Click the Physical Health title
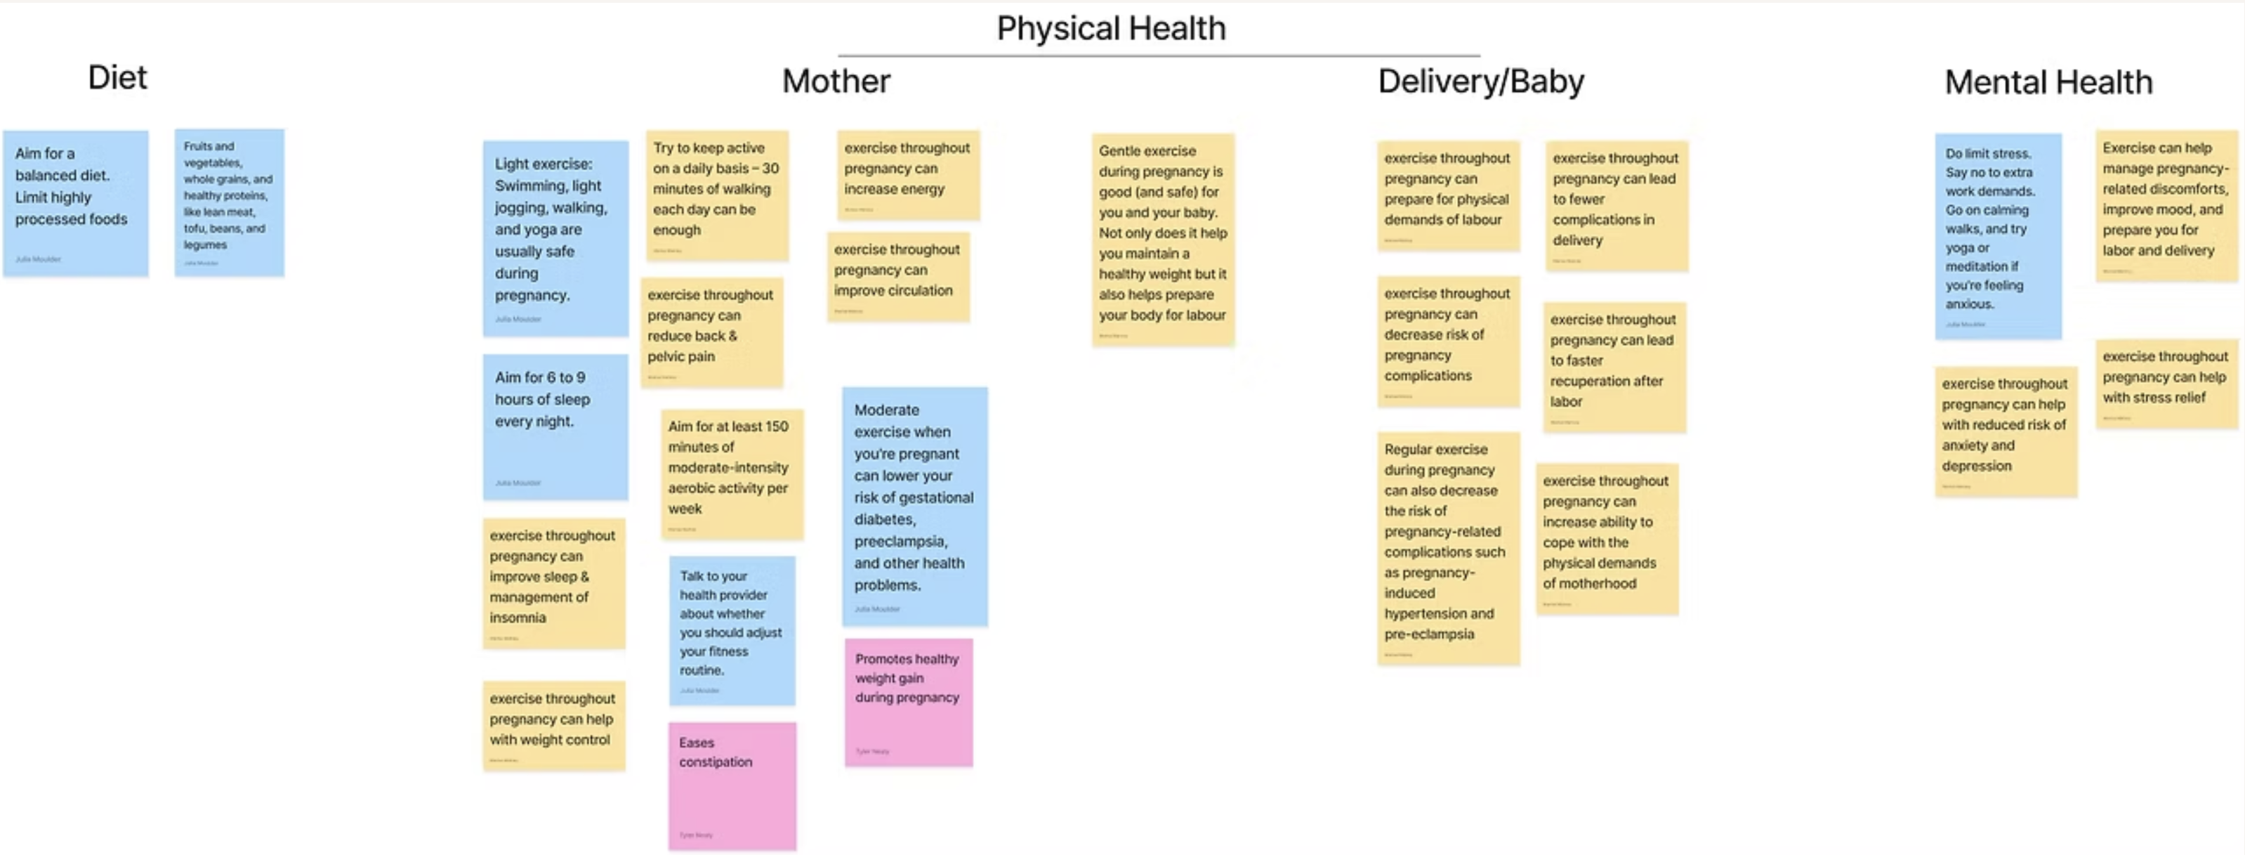(1110, 29)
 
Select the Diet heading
(118, 77)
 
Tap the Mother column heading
(835, 81)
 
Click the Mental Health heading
(2048, 83)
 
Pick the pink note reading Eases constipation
(732, 785)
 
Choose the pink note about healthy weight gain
(908, 703)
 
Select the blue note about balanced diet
(76, 203)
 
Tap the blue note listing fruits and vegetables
(229, 202)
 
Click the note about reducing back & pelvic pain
(712, 331)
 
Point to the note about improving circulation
(897, 276)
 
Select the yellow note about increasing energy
(907, 174)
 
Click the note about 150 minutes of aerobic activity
(731, 474)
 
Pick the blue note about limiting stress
(1998, 235)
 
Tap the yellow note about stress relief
(2166, 384)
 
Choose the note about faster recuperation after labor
(1613, 367)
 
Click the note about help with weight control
(553, 725)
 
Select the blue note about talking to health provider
(731, 629)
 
